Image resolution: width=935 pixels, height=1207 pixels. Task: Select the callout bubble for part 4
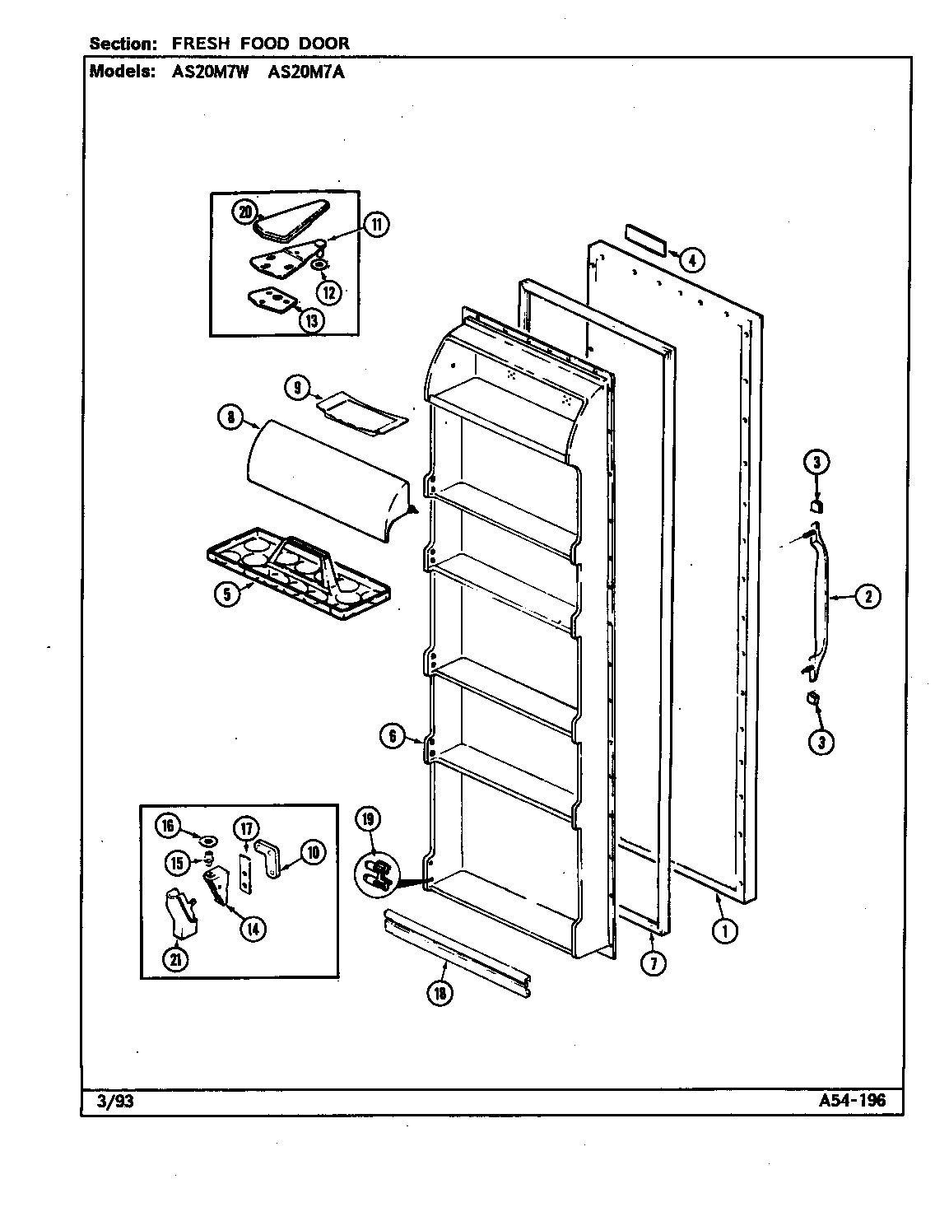[x=692, y=261]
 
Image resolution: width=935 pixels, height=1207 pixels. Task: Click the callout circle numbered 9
[x=298, y=385]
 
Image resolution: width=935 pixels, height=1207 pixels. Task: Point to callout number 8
[x=231, y=418]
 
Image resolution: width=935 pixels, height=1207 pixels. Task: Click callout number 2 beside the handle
[x=867, y=597]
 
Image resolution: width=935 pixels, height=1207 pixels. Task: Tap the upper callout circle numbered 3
[x=816, y=463]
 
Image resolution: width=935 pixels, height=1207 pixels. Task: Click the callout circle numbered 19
[x=369, y=818]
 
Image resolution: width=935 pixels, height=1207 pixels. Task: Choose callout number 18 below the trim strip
[x=440, y=994]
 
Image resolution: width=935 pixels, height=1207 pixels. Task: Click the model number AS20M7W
[x=212, y=72]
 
